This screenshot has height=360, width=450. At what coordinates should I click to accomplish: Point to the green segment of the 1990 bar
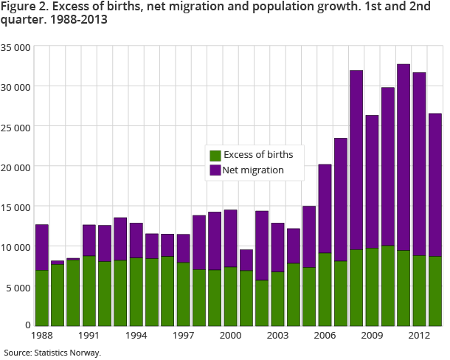[74, 292]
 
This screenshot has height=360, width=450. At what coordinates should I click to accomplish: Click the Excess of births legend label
[259, 155]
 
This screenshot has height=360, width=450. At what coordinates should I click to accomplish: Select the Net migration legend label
[255, 170]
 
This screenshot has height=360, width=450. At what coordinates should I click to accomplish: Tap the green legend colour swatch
[215, 156]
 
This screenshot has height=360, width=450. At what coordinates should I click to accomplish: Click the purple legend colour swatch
[215, 170]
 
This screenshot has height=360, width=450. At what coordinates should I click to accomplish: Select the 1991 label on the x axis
[89, 335]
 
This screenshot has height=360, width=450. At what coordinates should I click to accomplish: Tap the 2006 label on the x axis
[325, 335]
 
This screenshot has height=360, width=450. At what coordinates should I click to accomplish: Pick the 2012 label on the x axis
[420, 335]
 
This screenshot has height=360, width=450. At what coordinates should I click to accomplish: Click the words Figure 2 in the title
[21, 9]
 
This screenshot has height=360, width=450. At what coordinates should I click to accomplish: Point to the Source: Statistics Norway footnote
[52, 352]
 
